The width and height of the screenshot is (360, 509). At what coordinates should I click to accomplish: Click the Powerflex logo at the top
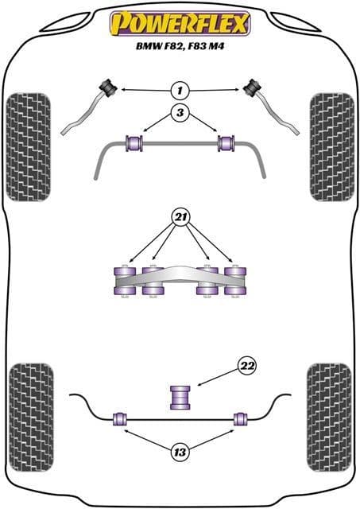tap(180, 23)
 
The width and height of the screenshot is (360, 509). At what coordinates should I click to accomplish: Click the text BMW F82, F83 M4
tap(180, 46)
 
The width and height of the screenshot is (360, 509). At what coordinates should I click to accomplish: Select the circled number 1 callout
tap(180, 90)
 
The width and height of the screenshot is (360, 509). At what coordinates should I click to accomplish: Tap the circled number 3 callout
tap(180, 112)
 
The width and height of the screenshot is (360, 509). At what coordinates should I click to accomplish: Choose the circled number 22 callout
tap(247, 366)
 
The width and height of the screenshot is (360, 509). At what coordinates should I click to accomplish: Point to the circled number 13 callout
tap(180, 452)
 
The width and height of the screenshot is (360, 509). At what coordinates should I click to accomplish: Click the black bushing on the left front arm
tap(109, 87)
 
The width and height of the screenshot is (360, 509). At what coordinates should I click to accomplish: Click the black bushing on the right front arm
tap(254, 87)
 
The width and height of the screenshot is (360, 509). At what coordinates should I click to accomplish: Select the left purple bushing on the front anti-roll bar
tap(134, 143)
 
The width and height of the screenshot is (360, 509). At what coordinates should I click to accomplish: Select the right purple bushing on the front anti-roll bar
tap(227, 143)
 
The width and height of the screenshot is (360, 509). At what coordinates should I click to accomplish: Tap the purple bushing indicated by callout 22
tap(180, 398)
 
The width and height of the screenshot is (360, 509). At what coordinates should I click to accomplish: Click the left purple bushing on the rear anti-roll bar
tap(120, 419)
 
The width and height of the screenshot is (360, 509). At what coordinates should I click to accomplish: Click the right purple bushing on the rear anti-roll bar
tap(241, 419)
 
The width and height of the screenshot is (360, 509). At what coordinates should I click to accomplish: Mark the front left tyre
tap(29, 147)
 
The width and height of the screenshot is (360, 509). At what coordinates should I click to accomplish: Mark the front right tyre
tap(332, 147)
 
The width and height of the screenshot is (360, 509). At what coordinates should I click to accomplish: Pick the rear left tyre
tap(31, 418)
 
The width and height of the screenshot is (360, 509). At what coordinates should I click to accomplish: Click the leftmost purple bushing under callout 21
tap(126, 281)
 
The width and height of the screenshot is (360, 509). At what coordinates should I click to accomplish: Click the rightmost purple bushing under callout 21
tap(235, 281)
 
